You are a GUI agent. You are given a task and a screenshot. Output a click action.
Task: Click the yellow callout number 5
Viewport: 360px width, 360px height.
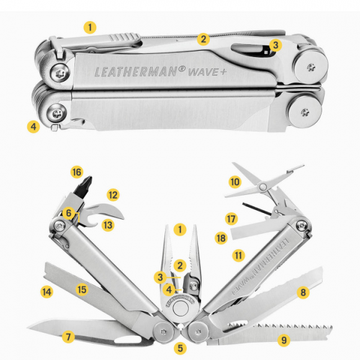[x=180, y=348]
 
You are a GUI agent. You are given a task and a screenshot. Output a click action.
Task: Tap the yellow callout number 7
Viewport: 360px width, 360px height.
[x=69, y=337]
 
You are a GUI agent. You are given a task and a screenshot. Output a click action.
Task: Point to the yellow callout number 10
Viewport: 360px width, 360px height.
[x=234, y=182]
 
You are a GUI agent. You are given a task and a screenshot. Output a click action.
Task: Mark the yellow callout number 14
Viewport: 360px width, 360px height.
[x=45, y=290]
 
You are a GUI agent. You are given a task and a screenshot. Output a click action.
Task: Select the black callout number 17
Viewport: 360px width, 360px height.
[x=231, y=218]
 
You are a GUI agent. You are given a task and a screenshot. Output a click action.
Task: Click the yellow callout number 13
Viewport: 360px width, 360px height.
[x=108, y=225]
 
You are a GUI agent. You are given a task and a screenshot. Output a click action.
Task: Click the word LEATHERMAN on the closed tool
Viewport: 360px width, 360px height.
[x=135, y=71]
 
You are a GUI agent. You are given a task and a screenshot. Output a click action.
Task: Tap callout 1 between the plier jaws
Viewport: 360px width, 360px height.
[x=180, y=229]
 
